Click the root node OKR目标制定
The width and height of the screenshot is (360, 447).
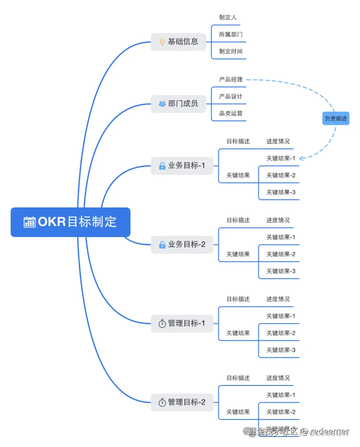70,222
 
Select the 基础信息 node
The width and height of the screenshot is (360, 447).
179,42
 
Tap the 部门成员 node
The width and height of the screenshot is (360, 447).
179,104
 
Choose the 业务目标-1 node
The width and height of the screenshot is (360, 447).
182,166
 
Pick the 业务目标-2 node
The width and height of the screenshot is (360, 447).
182,245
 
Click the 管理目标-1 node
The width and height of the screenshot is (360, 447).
182,323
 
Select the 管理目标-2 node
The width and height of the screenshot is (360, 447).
182,402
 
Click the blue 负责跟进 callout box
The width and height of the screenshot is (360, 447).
336,118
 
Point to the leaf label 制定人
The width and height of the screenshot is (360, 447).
228,18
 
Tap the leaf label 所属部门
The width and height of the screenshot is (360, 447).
231,35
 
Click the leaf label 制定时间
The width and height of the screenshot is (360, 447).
231,52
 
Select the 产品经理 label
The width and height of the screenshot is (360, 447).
231,80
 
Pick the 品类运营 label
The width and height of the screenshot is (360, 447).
231,114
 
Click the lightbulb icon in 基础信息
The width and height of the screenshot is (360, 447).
162,42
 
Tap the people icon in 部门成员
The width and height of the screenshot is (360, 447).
162,104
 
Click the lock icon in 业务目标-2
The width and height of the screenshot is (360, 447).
162,245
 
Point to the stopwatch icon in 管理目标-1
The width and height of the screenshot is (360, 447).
162,324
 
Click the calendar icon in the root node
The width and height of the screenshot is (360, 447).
29,222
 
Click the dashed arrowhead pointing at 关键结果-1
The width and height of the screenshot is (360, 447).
301,158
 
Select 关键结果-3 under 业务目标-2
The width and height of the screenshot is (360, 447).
281,271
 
